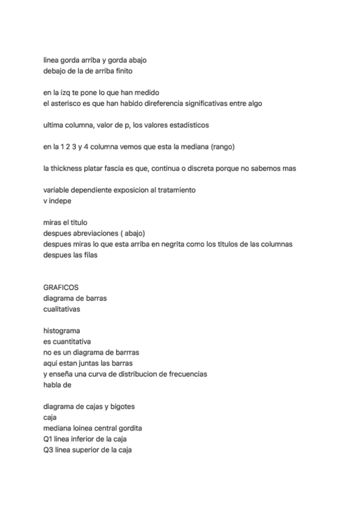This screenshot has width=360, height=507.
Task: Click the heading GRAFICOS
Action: click(x=61, y=287)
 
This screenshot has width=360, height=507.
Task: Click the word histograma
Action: click(x=62, y=330)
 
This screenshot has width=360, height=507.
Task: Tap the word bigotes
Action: click(x=121, y=407)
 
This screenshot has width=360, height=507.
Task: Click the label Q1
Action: click(x=49, y=439)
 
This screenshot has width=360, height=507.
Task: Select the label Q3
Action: click(x=49, y=450)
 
